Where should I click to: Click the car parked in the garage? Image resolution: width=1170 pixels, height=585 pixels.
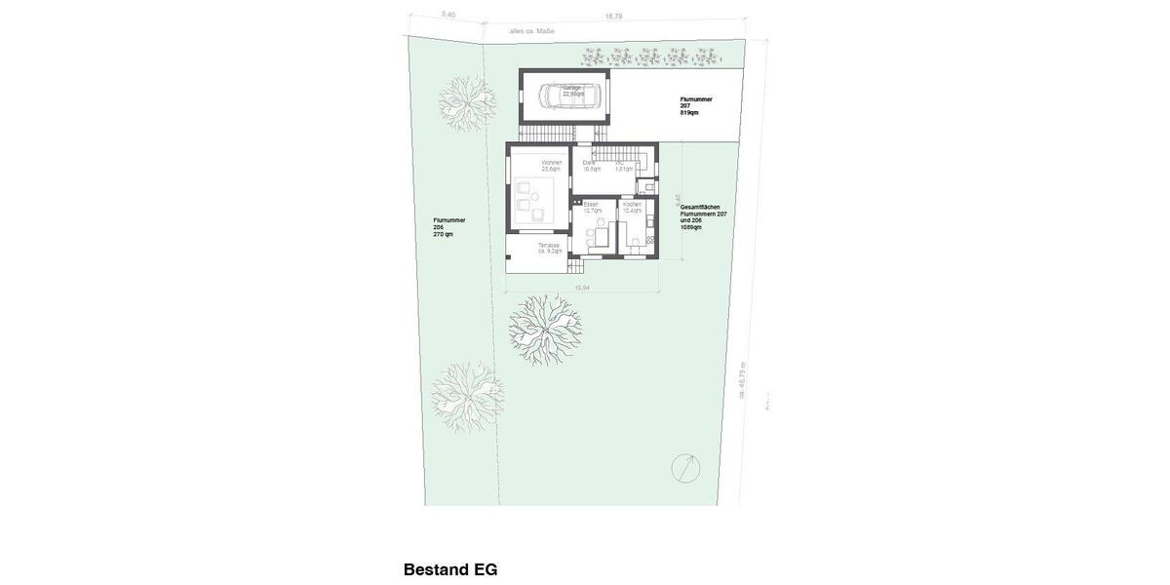point(564,96)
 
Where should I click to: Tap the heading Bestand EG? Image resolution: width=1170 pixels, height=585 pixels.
point(450,569)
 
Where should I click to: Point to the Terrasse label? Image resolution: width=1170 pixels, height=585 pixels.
point(550,248)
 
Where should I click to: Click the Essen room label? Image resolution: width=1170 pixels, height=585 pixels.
point(592,207)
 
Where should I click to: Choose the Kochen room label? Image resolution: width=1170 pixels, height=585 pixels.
point(632,207)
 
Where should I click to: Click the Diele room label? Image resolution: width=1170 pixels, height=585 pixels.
point(590,165)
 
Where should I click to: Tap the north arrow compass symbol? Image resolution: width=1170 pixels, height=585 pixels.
point(686,468)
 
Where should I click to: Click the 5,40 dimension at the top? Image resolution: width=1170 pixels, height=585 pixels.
point(448,15)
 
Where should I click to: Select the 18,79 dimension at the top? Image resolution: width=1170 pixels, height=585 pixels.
point(613,16)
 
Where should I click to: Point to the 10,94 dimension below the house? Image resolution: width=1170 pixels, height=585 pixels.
point(582,288)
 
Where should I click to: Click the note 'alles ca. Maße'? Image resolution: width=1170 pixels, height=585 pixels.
point(531,31)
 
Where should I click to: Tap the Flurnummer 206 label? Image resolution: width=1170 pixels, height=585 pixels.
point(449,227)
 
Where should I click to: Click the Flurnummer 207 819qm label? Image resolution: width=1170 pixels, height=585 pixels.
point(696,105)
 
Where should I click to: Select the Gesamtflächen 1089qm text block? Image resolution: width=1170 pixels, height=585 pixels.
point(703,216)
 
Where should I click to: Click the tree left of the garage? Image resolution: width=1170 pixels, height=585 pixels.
point(467,100)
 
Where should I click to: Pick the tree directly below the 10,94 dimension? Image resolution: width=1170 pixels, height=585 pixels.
point(544,329)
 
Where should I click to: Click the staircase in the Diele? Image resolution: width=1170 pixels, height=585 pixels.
point(620,154)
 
